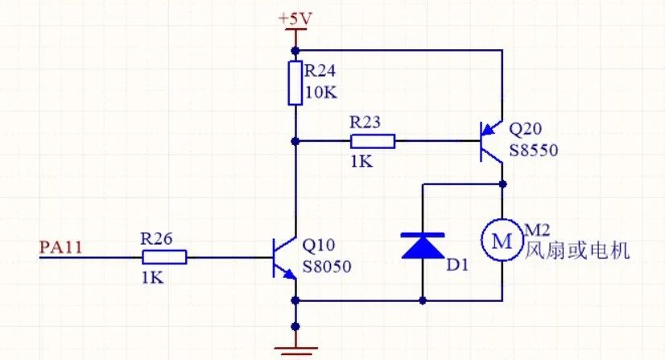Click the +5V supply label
[295, 19]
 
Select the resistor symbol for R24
[295, 83]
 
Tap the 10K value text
[321, 93]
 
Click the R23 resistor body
[373, 141]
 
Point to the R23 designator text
[366, 122]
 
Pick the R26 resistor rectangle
[164, 257]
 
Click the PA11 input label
[60, 247]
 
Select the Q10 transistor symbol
[284, 258]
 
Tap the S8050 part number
[327, 267]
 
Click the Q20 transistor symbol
[492, 141]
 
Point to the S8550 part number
[534, 150]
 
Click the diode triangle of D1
[423, 246]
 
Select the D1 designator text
[457, 265]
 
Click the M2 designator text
[537, 230]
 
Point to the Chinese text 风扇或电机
[577, 250]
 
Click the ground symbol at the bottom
[295, 350]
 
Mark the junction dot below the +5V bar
[295, 51]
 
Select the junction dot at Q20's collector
[503, 184]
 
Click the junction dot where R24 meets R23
[295, 141]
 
